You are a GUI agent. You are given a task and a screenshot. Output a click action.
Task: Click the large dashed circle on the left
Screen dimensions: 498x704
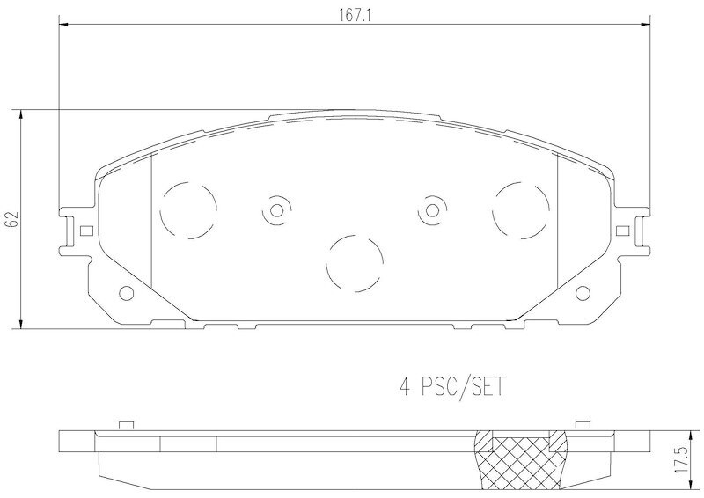[188, 210]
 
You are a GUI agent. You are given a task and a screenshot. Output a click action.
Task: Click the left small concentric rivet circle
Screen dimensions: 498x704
[276, 210]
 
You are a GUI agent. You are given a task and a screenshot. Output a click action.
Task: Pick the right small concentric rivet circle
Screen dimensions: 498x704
[432, 210]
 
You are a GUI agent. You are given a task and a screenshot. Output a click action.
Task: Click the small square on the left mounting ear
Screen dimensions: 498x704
[85, 231]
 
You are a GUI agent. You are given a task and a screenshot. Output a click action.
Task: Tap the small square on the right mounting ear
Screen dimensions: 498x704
[623, 231]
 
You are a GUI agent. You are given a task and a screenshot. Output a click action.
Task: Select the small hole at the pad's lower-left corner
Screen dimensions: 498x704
[126, 293]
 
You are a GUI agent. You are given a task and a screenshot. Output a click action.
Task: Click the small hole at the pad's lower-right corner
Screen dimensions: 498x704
[583, 293]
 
